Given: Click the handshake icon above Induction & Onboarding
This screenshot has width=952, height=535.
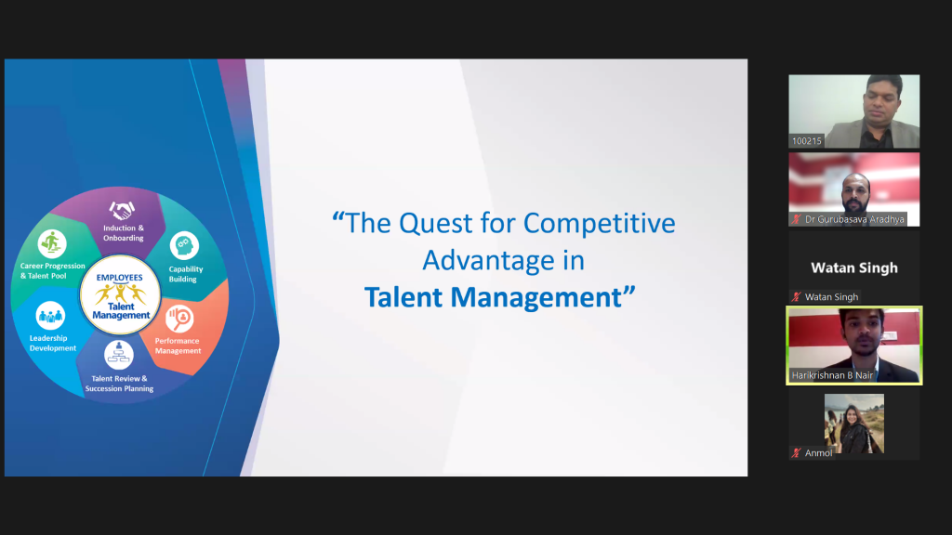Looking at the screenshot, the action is click(x=122, y=211).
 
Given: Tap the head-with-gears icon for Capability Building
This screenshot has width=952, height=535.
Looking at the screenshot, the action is click(x=184, y=246).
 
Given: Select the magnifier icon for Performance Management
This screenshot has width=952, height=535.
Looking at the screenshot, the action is click(x=179, y=319).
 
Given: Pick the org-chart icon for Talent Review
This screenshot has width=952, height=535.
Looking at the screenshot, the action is click(x=119, y=354).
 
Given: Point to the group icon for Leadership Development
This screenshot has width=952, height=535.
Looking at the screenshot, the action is click(x=50, y=316).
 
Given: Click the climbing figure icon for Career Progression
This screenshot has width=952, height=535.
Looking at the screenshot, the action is click(x=52, y=244).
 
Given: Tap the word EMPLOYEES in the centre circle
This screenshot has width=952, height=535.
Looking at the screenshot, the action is click(x=120, y=278).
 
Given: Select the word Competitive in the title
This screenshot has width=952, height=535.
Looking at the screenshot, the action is click(x=600, y=224).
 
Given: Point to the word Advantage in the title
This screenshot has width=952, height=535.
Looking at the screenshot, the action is click(x=488, y=261).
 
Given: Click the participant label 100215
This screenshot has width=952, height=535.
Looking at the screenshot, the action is click(x=807, y=141).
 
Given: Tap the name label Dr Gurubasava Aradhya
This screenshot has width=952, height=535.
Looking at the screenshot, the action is click(x=854, y=219).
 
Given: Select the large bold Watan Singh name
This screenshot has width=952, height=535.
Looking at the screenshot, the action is click(x=854, y=268).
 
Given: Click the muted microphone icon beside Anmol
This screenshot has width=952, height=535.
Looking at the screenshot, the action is click(x=796, y=453).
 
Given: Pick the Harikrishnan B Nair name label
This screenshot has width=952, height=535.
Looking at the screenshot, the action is click(x=832, y=375).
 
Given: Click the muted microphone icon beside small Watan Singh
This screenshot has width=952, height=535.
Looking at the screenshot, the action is click(x=796, y=297).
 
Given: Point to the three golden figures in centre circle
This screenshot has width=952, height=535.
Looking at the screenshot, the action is click(x=120, y=293).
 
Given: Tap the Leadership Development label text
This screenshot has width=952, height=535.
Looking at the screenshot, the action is click(x=53, y=344).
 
